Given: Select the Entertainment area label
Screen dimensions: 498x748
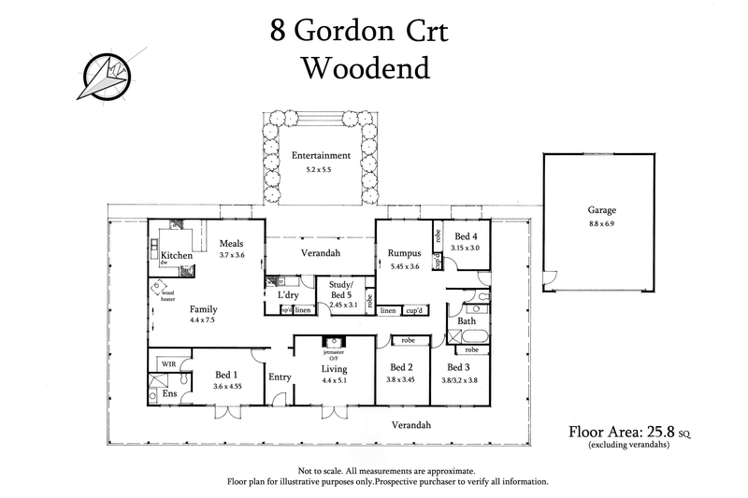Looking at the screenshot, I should [320, 156].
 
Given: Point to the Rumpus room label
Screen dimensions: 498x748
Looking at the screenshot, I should [405, 253].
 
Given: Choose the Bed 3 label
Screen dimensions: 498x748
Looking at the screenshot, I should [459, 367].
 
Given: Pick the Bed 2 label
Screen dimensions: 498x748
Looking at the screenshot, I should [401, 367].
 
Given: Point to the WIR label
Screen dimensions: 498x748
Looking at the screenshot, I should [169, 363].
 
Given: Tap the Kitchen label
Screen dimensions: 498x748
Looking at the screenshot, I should [176, 255].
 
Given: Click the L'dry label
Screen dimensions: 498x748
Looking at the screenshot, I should [288, 295].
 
